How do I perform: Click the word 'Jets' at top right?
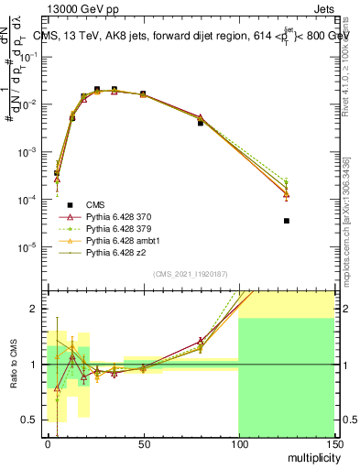click(325, 8)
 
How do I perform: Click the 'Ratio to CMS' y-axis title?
click(12, 365)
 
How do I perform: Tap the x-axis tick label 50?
click(143, 443)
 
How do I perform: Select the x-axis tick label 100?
click(238, 443)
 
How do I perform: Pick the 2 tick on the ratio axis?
click(37, 309)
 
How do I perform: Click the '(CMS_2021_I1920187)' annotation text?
click(191, 273)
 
